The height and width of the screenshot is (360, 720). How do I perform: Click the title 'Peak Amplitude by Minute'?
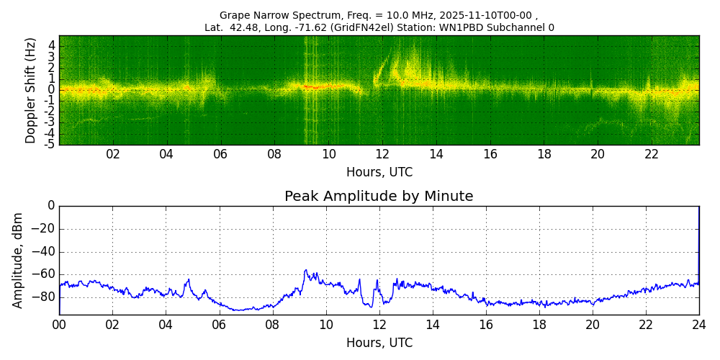[x=379, y=197]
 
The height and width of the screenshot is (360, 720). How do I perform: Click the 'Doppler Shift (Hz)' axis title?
[x=30, y=91]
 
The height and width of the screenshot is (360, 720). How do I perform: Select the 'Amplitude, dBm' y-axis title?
[x=18, y=260]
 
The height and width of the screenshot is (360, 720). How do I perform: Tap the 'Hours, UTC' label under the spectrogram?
[x=379, y=173]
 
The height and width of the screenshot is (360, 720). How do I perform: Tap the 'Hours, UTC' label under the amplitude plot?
[x=379, y=343]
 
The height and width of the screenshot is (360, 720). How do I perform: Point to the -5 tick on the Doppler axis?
[x=50, y=144]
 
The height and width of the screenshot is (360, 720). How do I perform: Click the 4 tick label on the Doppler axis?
[x=52, y=45]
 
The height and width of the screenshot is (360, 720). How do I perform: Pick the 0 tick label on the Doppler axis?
[x=52, y=89]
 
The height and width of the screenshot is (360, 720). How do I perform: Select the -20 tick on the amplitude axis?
[x=45, y=229]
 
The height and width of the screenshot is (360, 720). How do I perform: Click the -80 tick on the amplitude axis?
[x=45, y=297]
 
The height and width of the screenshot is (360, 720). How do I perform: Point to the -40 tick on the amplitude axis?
[x=45, y=252]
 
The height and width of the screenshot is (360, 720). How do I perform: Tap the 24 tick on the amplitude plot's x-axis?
[x=699, y=325]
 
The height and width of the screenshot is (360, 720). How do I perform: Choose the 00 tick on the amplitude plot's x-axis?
[x=59, y=325]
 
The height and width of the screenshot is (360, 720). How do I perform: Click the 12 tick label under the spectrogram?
[x=382, y=154]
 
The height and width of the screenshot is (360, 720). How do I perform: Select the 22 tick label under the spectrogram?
[x=652, y=154]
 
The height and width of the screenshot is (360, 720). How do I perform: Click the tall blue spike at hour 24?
[x=698, y=238]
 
